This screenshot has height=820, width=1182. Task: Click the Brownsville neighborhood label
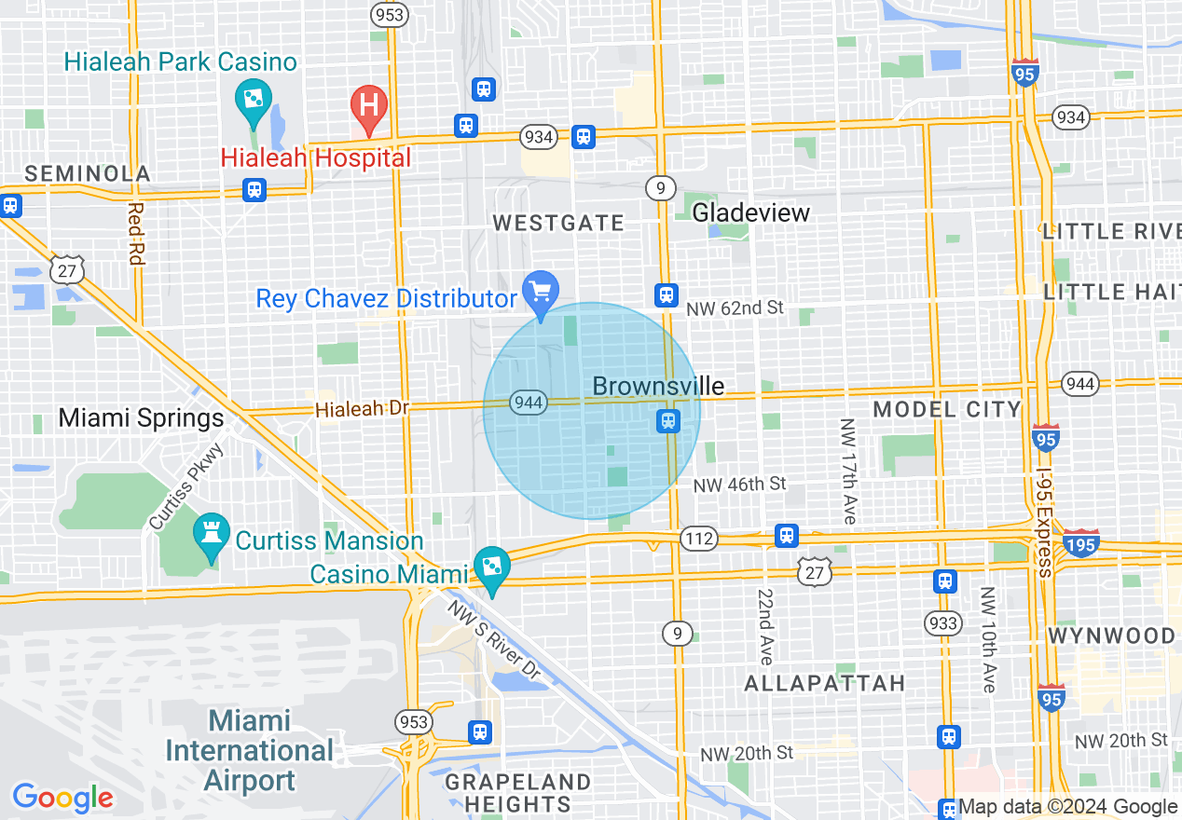pyautogui.click(x=658, y=386)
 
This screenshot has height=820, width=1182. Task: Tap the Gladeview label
pyautogui.click(x=751, y=212)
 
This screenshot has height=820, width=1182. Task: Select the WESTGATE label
pyautogui.click(x=558, y=223)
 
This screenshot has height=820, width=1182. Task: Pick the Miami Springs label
pyautogui.click(x=142, y=417)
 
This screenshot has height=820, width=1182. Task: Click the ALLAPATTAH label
pyautogui.click(x=825, y=683)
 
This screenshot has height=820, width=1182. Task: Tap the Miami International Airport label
pyautogui.click(x=250, y=750)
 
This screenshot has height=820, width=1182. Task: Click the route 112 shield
pyautogui.click(x=699, y=539)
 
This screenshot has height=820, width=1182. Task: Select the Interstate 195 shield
pyautogui.click(x=1080, y=543)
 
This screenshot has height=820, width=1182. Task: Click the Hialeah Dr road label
pyautogui.click(x=362, y=408)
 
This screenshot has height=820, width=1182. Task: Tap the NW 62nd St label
pyautogui.click(x=735, y=307)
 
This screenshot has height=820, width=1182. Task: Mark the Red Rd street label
pyautogui.click(x=135, y=234)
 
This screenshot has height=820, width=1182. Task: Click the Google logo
pyautogui.click(x=62, y=798)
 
